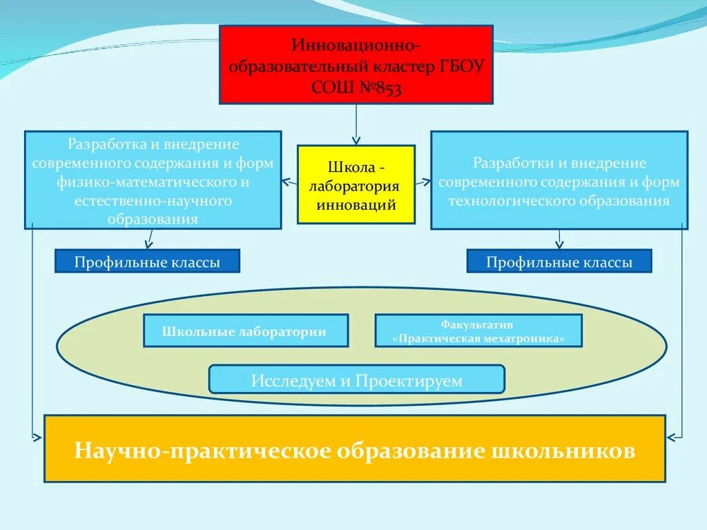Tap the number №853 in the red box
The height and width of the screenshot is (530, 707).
pyautogui.click(x=376, y=88)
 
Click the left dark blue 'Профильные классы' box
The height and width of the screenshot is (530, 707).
pyautogui.click(x=148, y=262)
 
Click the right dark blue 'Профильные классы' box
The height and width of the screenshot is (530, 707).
pyautogui.click(x=559, y=262)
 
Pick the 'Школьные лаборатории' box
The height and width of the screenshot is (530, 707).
pyautogui.click(x=246, y=331)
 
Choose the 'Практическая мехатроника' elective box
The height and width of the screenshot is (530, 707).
pyautogui.click(x=478, y=331)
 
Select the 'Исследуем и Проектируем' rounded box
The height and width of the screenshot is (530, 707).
pyautogui.click(x=356, y=380)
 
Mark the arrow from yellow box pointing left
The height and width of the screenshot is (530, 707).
pyautogui.click(x=289, y=183)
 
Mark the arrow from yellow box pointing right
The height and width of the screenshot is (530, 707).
pyautogui.click(x=423, y=183)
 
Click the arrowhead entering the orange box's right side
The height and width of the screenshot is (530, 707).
pyautogui.click(x=670, y=436)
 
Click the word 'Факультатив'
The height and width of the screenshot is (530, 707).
pyautogui.click(x=478, y=324)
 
